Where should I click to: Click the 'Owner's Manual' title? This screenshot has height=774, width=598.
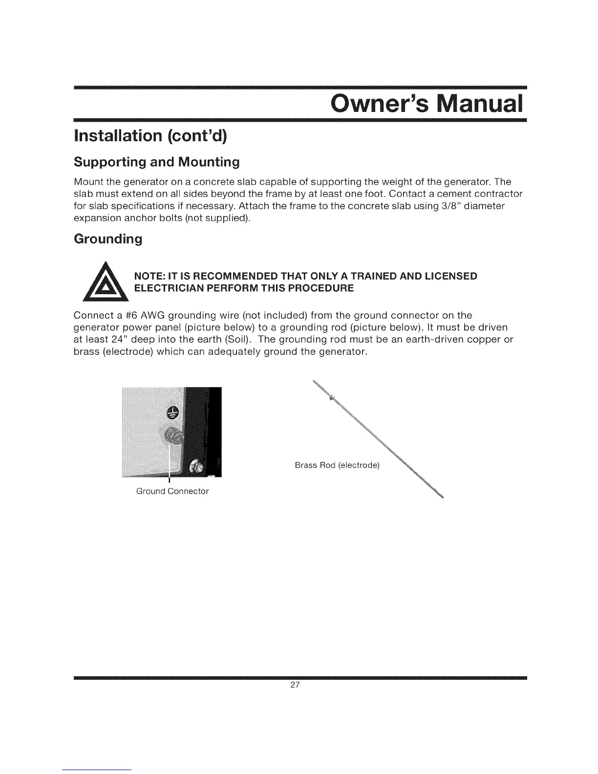click(426, 103)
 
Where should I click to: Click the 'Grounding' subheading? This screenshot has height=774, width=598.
click(107, 239)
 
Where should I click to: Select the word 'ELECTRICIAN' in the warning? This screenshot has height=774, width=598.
click(171, 288)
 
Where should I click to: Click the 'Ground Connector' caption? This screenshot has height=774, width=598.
click(172, 491)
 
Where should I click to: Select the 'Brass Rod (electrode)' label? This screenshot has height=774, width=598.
click(337, 466)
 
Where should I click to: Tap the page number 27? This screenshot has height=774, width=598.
click(295, 685)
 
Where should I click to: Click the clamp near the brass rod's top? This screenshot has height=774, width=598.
click(331, 398)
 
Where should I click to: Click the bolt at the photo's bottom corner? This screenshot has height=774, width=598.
click(198, 466)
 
